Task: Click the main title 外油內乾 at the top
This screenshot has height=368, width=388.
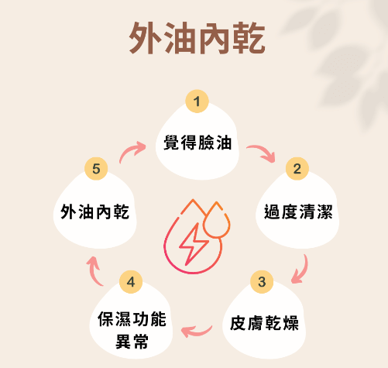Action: [x=197, y=38]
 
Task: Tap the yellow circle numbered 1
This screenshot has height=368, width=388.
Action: [x=197, y=101]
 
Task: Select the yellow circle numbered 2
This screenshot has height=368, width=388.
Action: [x=297, y=169]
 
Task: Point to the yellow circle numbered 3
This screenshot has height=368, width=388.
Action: [x=262, y=282]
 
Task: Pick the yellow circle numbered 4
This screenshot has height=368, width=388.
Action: [x=131, y=282]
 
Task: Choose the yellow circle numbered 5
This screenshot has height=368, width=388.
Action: [x=96, y=169]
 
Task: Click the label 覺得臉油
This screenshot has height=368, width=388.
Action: [x=197, y=143]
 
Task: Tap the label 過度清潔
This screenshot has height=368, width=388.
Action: [x=298, y=212]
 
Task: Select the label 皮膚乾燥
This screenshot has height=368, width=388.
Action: [x=264, y=323]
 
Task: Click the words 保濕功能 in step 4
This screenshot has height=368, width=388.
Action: [x=132, y=319]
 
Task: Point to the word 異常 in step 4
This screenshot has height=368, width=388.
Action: [x=132, y=341]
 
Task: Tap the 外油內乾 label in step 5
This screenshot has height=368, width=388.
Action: [x=95, y=212]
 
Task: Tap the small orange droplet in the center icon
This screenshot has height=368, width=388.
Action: [x=216, y=220]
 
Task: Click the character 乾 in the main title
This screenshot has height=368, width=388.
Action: [x=249, y=38]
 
